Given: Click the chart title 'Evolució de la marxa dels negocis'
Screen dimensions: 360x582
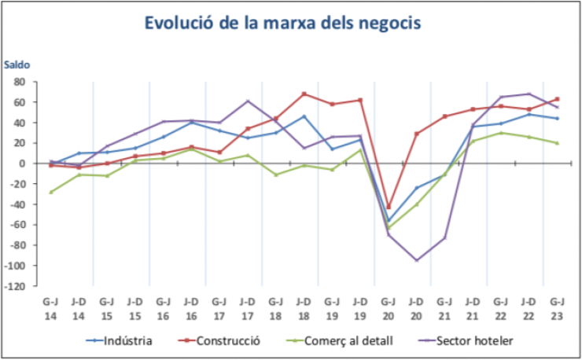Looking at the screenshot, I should tap(282, 23).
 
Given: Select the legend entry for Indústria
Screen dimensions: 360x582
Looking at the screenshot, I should tap(118, 341).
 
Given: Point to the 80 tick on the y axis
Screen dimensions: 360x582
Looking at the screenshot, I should tap(20, 82).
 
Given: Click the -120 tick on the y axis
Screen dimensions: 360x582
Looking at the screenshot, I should tap(16, 286).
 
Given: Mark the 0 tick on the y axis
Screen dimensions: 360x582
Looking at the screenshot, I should tap(24, 163).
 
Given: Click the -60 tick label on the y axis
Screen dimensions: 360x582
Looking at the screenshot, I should tap(18, 225).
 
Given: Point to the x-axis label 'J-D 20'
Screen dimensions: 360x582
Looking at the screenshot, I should tap(416, 307).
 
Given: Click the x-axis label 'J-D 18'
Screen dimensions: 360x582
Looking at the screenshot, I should tap(304, 307).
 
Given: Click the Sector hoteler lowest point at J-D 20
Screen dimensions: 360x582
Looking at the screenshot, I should tap(416, 260).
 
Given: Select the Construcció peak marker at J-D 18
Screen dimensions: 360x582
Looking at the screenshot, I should tap(304, 94).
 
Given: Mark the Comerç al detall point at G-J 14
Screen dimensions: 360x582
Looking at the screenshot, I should tap(51, 192).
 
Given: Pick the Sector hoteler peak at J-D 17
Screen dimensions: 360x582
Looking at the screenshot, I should tap(248, 101).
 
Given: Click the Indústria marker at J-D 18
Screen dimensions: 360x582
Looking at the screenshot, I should tap(304, 116).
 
